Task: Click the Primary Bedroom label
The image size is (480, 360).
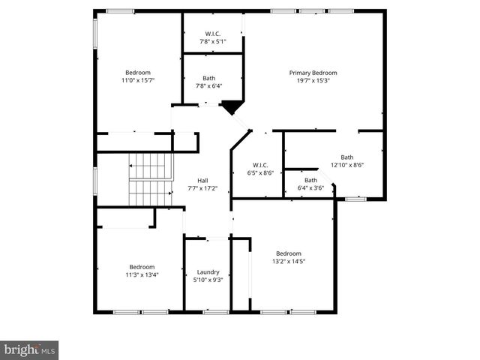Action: click(313, 73)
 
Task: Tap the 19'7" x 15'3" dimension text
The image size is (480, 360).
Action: click(313, 80)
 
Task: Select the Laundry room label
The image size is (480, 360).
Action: click(208, 271)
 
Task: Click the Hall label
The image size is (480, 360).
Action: click(202, 181)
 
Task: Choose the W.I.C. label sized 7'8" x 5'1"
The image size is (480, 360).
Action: click(212, 34)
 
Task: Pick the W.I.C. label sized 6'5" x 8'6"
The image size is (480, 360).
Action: click(260, 165)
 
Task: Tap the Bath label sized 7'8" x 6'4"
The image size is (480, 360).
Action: click(208, 78)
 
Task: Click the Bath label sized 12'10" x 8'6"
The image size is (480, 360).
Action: click(347, 157)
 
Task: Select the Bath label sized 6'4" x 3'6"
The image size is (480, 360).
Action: click(310, 180)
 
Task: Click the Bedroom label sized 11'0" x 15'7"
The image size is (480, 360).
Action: click(137, 73)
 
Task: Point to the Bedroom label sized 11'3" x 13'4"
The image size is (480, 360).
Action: click(142, 267)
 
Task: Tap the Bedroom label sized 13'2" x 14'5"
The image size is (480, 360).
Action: click(288, 253)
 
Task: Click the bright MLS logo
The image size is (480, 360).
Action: click(29, 349)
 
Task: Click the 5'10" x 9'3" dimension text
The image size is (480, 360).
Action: click(208, 280)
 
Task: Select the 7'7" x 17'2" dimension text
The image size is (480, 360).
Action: click(202, 188)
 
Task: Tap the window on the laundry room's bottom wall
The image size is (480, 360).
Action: click(216, 311)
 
